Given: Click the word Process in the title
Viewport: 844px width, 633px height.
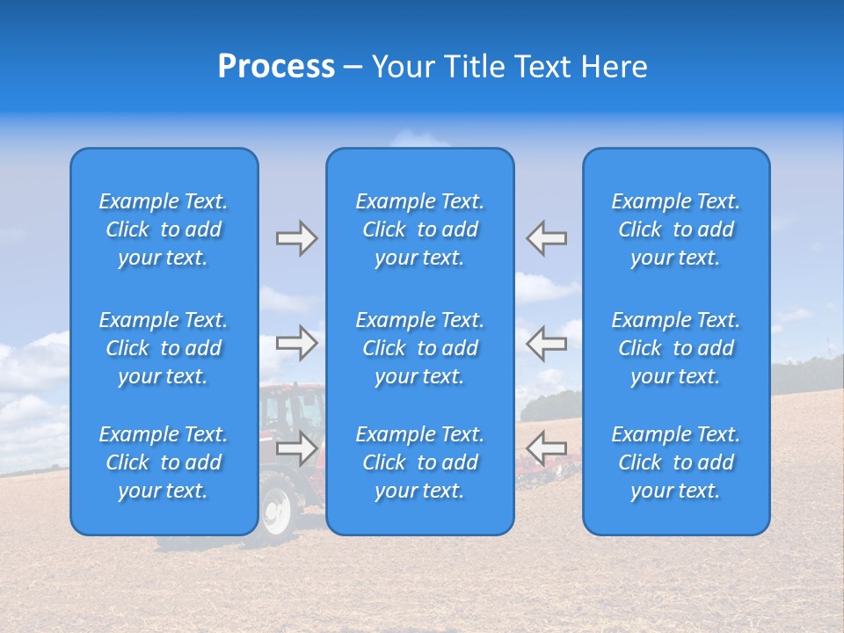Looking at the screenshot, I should [x=276, y=67].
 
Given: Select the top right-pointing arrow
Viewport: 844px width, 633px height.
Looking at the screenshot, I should [x=296, y=238].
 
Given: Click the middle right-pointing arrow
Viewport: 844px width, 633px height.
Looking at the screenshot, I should [x=296, y=343].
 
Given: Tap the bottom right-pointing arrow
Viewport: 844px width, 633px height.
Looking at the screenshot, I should [x=296, y=448].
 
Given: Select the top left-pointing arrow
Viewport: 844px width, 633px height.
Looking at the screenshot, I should [x=547, y=238].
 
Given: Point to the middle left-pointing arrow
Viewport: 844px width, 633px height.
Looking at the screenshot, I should [x=547, y=343].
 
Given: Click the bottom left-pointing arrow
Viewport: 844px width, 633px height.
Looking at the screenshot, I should [x=547, y=448].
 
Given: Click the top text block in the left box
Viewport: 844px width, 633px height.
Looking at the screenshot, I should [x=164, y=229].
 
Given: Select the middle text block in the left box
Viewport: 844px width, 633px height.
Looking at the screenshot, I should [x=164, y=348].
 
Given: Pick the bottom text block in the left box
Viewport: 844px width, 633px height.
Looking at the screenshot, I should [x=164, y=462].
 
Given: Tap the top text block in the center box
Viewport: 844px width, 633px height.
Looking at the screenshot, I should [x=420, y=229].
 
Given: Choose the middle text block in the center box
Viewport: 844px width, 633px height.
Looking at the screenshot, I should [x=420, y=348].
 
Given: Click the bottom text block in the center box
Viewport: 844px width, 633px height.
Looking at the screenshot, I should [x=420, y=462].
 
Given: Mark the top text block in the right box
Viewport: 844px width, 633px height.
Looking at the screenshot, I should [x=676, y=229].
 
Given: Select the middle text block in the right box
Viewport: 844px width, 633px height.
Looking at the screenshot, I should [x=676, y=348].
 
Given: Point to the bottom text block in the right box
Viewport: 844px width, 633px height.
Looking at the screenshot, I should [x=676, y=462].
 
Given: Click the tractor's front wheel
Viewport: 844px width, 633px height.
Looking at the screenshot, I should [x=276, y=512].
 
